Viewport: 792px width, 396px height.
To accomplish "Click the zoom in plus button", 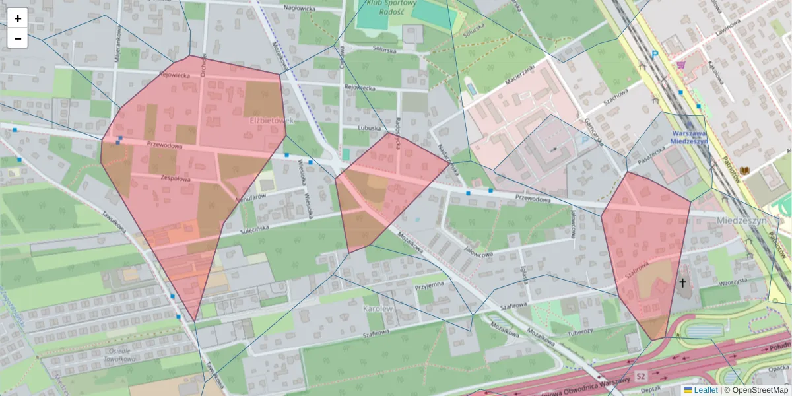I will pyautogui.click(x=18, y=18).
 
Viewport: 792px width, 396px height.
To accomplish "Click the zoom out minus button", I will pyautogui.click(x=18, y=38).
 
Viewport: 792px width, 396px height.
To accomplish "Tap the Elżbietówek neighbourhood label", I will pyautogui.click(x=271, y=121).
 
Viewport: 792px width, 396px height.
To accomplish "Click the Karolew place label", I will pyautogui.click(x=378, y=308).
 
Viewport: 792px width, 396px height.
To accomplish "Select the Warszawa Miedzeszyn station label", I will pyautogui.click(x=688, y=136).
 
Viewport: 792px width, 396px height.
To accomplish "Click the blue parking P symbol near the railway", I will pyautogui.click(x=655, y=56).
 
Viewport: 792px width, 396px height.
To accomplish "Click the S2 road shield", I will pyautogui.click(x=640, y=376).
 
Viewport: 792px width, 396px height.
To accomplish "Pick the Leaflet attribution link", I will pyautogui.click(x=705, y=390).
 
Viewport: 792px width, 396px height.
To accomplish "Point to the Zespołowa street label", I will pyautogui.click(x=176, y=178).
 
